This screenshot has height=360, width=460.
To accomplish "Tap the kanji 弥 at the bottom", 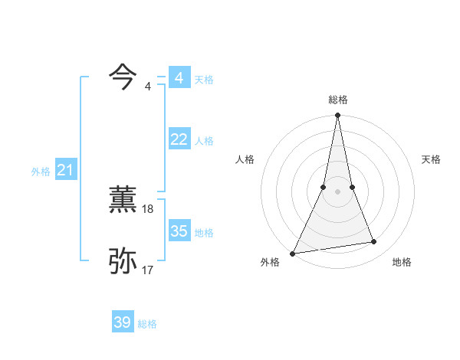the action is point(123,261).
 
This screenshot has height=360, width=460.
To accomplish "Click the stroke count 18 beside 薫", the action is point(148,208).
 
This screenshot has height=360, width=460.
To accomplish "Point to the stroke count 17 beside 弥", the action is point(148,270).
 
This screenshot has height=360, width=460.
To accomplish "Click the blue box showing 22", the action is point(179,139).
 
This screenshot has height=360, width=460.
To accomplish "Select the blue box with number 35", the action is point(179,231).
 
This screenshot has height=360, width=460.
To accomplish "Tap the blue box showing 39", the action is point(123,322).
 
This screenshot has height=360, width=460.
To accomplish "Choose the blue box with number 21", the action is point(64,170).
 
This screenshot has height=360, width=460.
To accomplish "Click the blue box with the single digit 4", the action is point(179,78).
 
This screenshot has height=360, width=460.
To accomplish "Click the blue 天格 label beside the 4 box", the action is point(204,80).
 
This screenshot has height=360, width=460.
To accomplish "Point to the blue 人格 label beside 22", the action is point(204,141).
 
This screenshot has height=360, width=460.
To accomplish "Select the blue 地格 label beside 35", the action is point(204,233).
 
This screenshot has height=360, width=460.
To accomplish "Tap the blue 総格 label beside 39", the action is point(147,324).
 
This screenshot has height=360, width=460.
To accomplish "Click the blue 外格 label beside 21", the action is point(41,172).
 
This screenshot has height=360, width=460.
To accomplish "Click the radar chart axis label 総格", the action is point(337,100).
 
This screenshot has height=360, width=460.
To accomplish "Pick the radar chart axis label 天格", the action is point(431,159).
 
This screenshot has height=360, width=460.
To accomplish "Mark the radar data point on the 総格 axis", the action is point(337,116).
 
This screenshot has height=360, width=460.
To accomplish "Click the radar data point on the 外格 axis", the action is point(292,254).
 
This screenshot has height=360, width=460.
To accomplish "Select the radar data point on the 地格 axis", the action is point(374,242).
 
